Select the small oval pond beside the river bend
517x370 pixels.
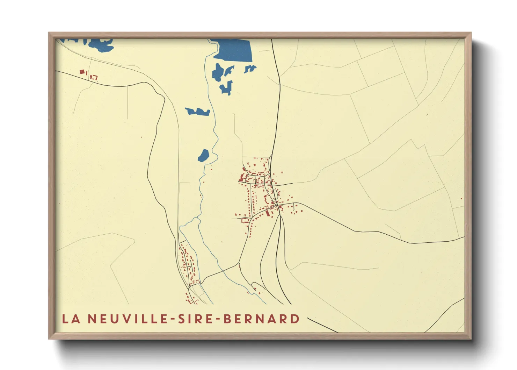click(x=203, y=155)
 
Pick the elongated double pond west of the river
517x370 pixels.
click(x=197, y=112)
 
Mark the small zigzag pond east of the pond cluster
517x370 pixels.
click(x=250, y=69)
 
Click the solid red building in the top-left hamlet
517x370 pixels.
click(x=82, y=72)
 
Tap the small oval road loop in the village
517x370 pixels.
click(x=276, y=193)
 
